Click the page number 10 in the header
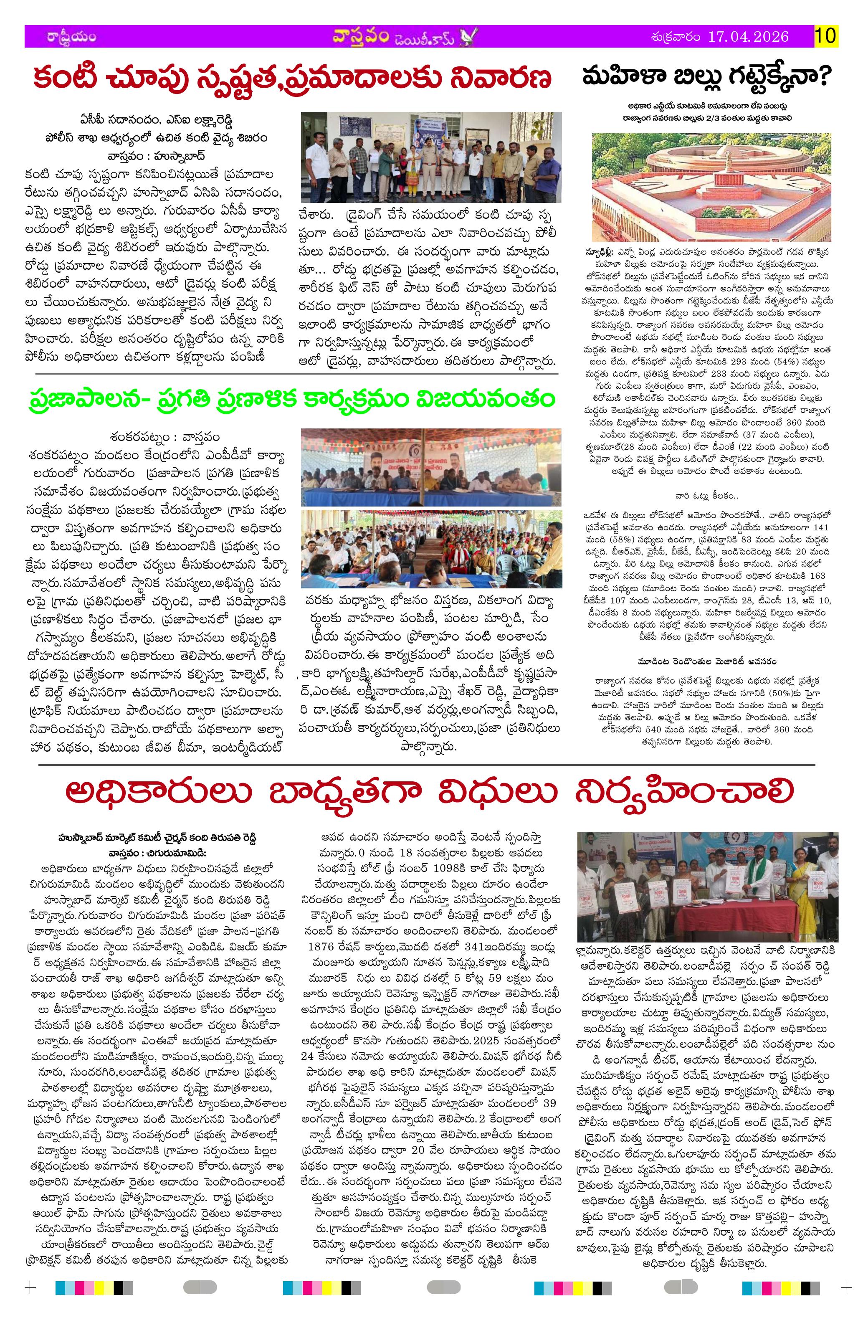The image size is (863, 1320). [x=826, y=37]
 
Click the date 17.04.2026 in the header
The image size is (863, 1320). [x=748, y=37]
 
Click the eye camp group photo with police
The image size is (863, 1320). [x=431, y=157]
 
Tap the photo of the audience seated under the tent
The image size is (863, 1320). [x=431, y=549]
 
